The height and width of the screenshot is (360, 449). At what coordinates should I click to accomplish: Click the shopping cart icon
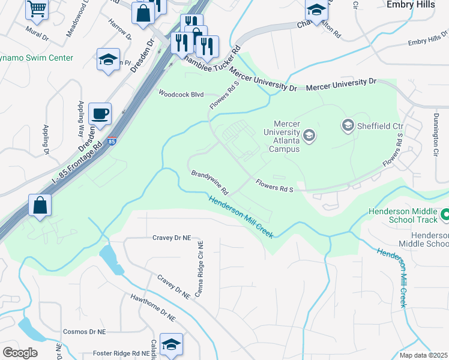tap(37, 9)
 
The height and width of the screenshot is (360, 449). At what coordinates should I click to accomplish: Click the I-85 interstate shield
tap(112, 142)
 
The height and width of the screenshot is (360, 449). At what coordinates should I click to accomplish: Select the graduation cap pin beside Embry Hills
tap(316, 9)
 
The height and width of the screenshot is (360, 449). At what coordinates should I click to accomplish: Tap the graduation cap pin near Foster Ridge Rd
tap(171, 344)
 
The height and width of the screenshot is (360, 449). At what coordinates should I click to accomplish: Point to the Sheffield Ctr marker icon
tap(348, 125)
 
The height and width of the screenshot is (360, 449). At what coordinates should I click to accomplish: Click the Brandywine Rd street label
tap(210, 182)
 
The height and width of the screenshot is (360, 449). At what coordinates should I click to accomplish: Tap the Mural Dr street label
tap(37, 37)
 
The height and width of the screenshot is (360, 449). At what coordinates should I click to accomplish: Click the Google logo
tap(20, 353)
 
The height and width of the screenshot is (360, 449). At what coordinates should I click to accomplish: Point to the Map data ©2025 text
tap(423, 355)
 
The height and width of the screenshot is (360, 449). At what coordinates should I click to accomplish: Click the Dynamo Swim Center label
tap(37, 58)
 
